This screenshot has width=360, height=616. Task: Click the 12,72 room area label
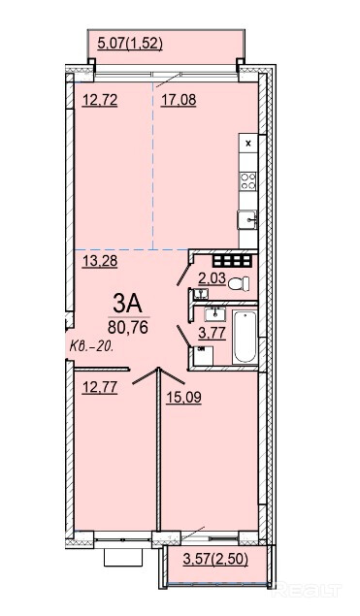pos(100,101)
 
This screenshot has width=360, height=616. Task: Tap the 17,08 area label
pos(179,100)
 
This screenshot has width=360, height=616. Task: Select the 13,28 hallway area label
pos(100,261)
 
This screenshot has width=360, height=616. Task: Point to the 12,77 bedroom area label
pos(100,387)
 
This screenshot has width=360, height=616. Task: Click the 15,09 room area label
pos(183,398)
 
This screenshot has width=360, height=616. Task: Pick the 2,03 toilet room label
pos(212,278)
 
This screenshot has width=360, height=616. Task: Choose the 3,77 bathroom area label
pos(212,334)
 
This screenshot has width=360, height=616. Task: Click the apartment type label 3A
pos(126,304)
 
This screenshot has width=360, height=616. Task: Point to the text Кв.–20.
pos(92,347)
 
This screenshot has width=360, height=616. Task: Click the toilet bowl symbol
pos(239,283)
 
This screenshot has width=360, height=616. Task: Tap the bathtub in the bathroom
pos(245,337)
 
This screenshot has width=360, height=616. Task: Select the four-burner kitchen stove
pos(248,181)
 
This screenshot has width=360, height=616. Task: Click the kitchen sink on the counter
pos(247,219)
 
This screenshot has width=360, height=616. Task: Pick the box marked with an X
pos(248,144)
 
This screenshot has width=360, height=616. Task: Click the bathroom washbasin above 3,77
pos(215,314)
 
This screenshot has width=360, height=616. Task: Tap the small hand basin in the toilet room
pos(201,294)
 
